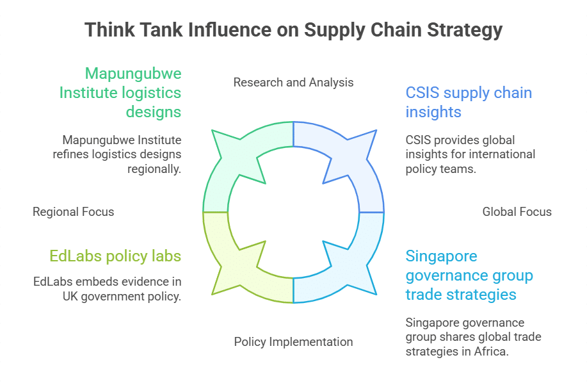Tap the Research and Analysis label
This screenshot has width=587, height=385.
pos(293,82)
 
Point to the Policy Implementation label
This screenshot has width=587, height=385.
pos(293,341)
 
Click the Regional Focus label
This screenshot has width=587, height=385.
pos(73,211)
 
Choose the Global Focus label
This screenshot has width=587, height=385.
pos(517,211)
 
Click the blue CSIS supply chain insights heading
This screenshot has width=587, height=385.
pos(469,102)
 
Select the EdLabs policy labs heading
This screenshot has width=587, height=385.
pos(115,256)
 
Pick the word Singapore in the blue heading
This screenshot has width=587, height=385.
pos(442,256)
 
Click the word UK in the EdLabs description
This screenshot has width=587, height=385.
pos(70,296)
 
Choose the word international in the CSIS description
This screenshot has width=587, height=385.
pos(503,154)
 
